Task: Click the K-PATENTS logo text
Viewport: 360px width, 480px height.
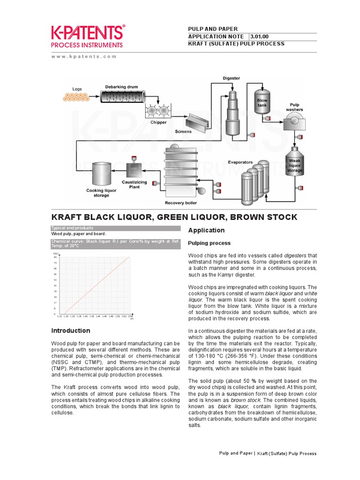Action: click(88, 32)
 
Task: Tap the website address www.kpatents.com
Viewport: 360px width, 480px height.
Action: click(83, 56)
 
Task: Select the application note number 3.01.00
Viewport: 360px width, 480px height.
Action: click(260, 37)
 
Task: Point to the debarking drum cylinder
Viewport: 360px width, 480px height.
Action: click(122, 97)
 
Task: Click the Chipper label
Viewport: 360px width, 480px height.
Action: click(158, 122)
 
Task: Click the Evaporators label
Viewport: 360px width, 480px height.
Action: click(240, 162)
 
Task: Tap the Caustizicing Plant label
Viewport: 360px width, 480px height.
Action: click(135, 184)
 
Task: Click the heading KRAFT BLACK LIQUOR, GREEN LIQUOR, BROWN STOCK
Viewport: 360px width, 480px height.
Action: click(174, 217)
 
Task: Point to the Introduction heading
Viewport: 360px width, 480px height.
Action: click(70, 330)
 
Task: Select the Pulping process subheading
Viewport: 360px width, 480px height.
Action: click(209, 243)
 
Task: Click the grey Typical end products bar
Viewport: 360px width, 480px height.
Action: click(115, 228)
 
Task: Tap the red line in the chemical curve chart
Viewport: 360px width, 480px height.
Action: click(96, 285)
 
